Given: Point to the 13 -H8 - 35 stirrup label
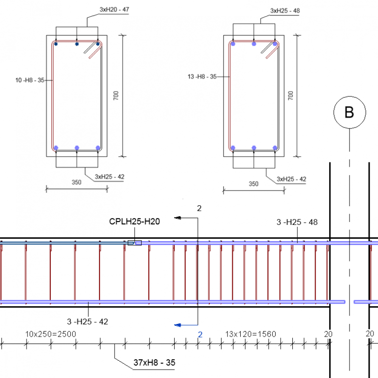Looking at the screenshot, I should coord(202,76).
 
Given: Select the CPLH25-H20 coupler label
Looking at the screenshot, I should coord(134,221).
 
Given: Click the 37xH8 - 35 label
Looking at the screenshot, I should coord(154,363).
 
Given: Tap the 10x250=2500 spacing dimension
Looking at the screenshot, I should coord(51,334).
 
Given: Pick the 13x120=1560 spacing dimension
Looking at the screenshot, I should coord(251,334).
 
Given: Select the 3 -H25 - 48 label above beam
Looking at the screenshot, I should coord(297,222).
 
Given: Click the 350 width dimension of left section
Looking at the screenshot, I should coord(76,183).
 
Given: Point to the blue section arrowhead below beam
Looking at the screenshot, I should coord(178,325).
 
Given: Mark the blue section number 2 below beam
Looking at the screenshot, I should coord(200,335).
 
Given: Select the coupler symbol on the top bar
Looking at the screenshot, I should coord(134,243).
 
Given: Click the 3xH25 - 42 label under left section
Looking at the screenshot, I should coord(110,177).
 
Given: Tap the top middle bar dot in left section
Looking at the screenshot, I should coord(77,44).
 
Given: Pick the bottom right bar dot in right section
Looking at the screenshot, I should coord(275,148).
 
